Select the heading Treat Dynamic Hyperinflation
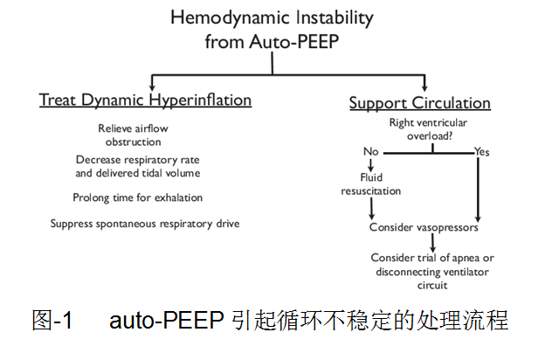tap(145, 100)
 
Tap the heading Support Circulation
tap(419, 103)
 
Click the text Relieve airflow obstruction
tap(133, 135)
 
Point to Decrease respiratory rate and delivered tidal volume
tap(138, 166)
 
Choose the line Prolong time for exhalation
tap(138, 197)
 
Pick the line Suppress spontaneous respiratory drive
tap(145, 224)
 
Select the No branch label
tap(371, 152)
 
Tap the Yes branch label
tap(481, 152)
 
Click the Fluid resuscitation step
tap(371, 183)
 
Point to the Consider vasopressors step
tap(424, 227)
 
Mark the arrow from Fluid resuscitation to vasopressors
tap(373, 207)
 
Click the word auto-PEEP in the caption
tap(168, 321)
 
